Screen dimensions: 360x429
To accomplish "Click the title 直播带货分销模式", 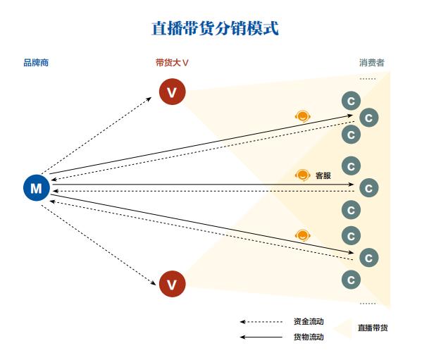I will click(214, 29).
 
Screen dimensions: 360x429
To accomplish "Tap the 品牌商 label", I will click(36, 63).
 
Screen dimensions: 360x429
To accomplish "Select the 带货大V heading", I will click(172, 63).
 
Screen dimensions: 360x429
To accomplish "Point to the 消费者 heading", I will click(372, 63).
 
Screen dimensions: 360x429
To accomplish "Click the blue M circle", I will click(36, 187).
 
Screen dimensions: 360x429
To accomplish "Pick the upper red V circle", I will click(172, 92).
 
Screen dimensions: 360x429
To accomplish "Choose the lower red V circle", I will click(172, 284).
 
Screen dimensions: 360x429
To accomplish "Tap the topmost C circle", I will click(350, 100).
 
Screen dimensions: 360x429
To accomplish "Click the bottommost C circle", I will click(350, 279).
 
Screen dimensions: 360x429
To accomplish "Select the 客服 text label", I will click(323, 175).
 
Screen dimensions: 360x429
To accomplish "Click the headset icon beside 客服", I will click(303, 175).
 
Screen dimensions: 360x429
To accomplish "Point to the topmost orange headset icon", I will click(303, 116).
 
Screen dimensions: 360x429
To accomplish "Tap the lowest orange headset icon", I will click(303, 235).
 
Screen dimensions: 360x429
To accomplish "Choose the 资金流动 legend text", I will click(309, 322).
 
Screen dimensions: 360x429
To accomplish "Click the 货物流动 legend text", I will click(309, 337).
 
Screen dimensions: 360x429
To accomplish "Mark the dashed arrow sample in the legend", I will click(261, 322).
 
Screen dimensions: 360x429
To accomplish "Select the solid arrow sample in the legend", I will click(261, 337).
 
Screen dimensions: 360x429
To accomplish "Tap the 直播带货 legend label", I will click(373, 328).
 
